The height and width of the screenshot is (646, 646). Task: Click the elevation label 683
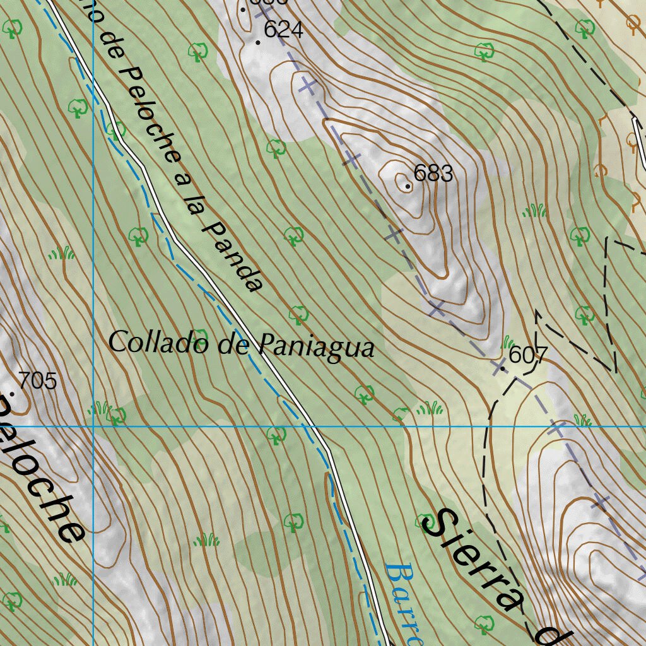pyautogui.click(x=433, y=173)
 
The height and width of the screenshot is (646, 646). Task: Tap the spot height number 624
pyautogui.click(x=283, y=30)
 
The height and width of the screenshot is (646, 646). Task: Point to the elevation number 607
pyautogui.click(x=527, y=355)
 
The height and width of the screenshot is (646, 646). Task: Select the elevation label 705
pyautogui.click(x=38, y=381)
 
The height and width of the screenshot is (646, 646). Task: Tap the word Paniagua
pyautogui.click(x=316, y=346)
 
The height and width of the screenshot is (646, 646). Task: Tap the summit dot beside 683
pyautogui.click(x=408, y=186)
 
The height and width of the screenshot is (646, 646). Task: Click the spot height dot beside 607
pyautogui.click(x=502, y=368)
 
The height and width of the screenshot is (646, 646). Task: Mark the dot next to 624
pyautogui.click(x=258, y=42)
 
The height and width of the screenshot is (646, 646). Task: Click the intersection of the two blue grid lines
pyautogui.click(x=93, y=426)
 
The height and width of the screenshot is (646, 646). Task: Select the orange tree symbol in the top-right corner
pyautogui.click(x=633, y=23)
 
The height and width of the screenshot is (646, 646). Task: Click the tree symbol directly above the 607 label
pyautogui.click(x=584, y=314)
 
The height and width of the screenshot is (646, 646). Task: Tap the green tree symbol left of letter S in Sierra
pyautogui.click(x=423, y=522)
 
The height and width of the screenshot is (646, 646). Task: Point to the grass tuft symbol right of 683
pyautogui.click(x=534, y=211)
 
